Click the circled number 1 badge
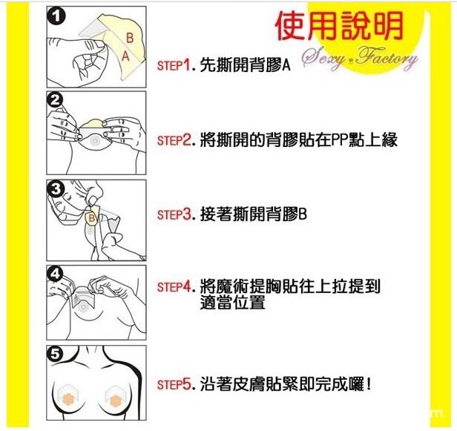(x=56, y=16)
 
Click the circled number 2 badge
(x=56, y=101)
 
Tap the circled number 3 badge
(x=56, y=189)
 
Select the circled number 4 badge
(x=56, y=274)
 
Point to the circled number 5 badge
(x=56, y=355)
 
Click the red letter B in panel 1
(x=130, y=38)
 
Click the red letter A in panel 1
(x=125, y=56)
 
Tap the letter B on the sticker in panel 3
(x=91, y=218)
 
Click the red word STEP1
(x=174, y=65)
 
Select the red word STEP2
(x=174, y=140)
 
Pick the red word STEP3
(x=174, y=215)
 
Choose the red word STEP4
(x=174, y=286)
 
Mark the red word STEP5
(x=174, y=384)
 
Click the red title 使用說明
(x=340, y=26)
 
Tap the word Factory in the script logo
(x=387, y=59)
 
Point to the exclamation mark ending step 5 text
(x=369, y=384)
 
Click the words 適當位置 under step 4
(x=233, y=302)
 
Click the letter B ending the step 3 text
(x=303, y=215)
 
